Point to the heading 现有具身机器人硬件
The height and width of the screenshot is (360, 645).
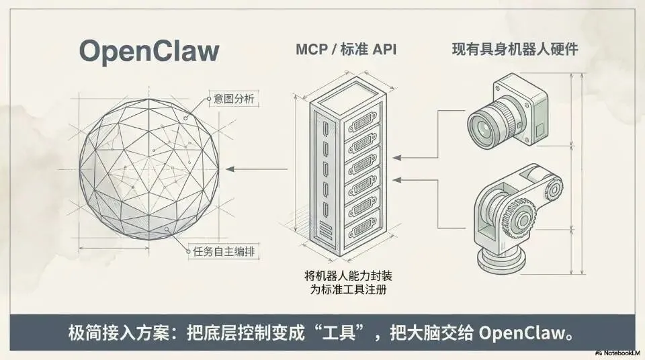click(x=516, y=50)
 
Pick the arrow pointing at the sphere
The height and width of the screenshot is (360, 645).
click(x=232, y=169)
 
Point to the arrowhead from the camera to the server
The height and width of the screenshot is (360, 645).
click(x=397, y=157)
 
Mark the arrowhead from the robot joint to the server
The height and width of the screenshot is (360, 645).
click(x=397, y=179)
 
